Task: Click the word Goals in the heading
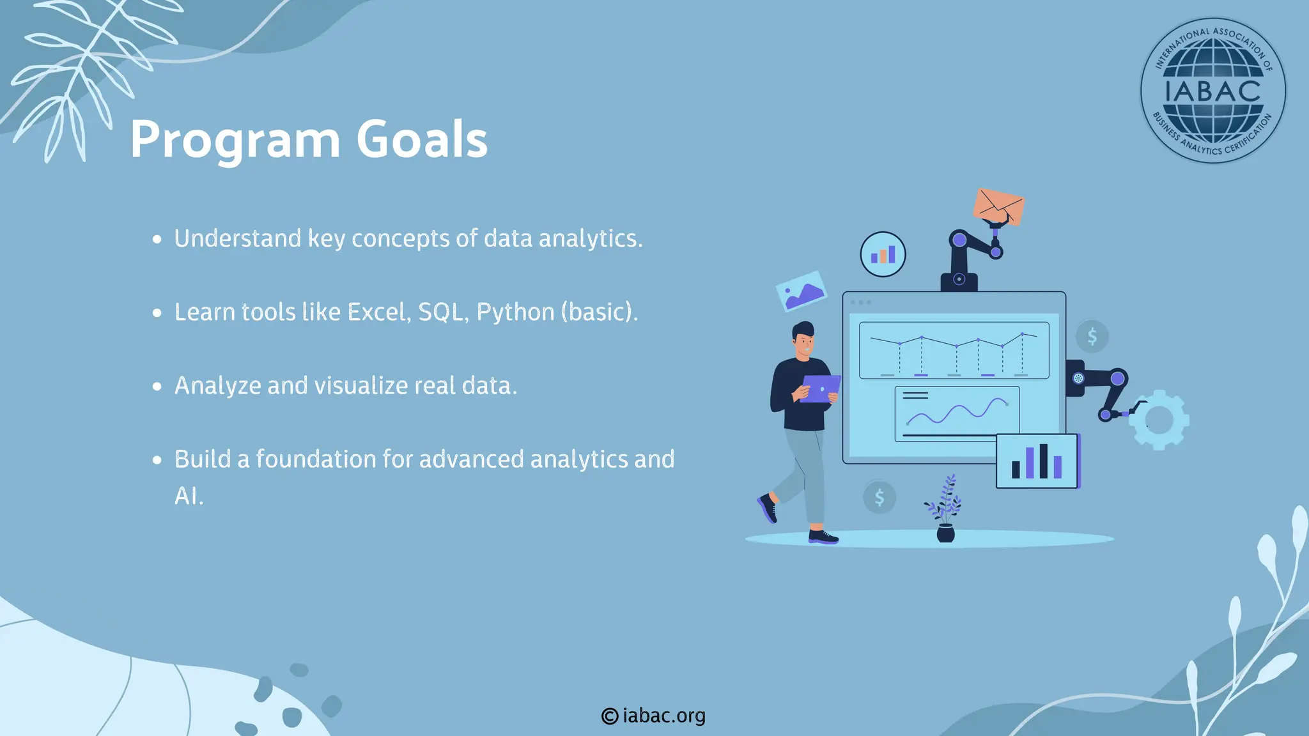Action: (422, 139)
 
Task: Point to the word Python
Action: (515, 313)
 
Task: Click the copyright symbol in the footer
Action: (610, 716)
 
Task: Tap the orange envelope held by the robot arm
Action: (998, 206)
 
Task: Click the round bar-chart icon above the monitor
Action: (883, 254)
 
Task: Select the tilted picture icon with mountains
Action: (801, 291)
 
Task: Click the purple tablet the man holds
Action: (820, 388)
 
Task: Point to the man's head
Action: (803, 339)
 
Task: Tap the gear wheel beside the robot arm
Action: (1159, 420)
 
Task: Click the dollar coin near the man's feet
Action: (879, 496)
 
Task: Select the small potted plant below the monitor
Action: (945, 511)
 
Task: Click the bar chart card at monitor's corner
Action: (1037, 461)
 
